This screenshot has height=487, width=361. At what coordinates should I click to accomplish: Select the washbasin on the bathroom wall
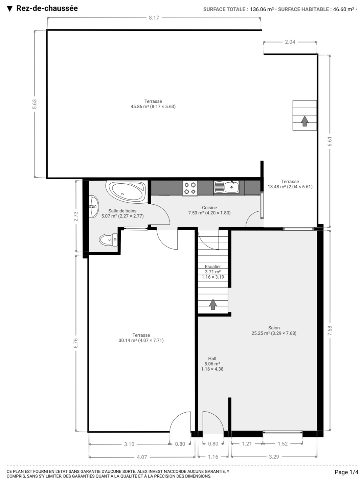(x=94, y=207)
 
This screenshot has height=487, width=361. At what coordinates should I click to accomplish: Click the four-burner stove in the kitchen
(x=190, y=188)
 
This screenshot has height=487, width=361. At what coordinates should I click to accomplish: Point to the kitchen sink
(x=226, y=187)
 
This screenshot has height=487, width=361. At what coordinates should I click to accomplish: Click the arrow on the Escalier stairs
(x=213, y=304)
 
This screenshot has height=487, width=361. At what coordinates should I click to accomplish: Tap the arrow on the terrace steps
(x=304, y=121)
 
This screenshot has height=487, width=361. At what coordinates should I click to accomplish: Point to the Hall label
(x=212, y=358)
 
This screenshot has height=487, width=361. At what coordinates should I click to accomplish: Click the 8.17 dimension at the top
(x=154, y=18)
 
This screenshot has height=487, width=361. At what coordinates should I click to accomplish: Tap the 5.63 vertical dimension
(x=35, y=104)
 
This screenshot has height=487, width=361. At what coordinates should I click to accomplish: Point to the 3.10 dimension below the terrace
(x=129, y=444)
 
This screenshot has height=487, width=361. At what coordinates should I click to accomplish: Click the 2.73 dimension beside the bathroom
(x=76, y=216)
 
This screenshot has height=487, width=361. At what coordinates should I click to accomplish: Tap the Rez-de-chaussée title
(x=47, y=8)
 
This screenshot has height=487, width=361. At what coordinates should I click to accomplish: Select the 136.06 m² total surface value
(x=262, y=9)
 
